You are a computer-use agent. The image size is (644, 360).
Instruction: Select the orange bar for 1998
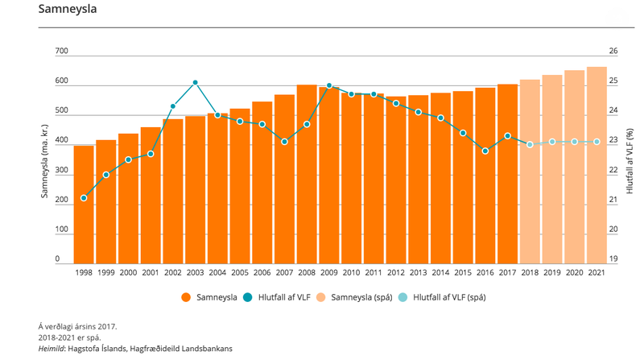tap(84, 205)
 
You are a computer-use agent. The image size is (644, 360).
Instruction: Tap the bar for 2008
tap(307, 174)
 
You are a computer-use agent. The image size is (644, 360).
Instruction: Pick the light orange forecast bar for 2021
tap(597, 165)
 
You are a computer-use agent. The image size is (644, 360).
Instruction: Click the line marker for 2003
tap(196, 83)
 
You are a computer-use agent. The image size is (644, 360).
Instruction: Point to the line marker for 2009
tap(329, 85)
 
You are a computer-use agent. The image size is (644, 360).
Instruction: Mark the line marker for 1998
tap(84, 198)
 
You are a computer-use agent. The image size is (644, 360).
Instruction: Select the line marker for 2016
tap(485, 151)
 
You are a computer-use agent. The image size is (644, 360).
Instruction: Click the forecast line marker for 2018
tap(530, 144)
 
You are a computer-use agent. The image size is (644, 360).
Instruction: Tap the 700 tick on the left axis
tap(61, 52)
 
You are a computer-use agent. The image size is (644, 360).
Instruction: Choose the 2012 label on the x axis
tap(396, 274)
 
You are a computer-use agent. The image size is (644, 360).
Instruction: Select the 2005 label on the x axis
tap(240, 274)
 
